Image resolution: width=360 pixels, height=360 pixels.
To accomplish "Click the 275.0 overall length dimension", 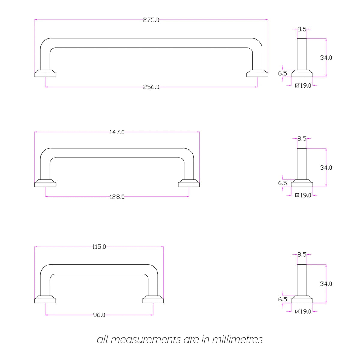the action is point(151,20).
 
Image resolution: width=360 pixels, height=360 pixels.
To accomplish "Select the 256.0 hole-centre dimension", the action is point(151,87).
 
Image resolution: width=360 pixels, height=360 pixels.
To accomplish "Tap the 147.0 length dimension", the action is point(117,132).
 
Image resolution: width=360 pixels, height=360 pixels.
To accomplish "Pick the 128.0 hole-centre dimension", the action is point(117,197).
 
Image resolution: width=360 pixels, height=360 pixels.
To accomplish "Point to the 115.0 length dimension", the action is point(99,247).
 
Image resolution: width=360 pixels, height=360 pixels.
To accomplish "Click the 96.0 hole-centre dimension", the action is point(99,315).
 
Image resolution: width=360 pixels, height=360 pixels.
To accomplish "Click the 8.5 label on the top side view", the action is point(302,29).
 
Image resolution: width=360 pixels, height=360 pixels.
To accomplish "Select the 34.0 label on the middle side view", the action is point(326,168).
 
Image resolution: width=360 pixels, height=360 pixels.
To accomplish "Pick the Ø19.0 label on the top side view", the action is point(303,85).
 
